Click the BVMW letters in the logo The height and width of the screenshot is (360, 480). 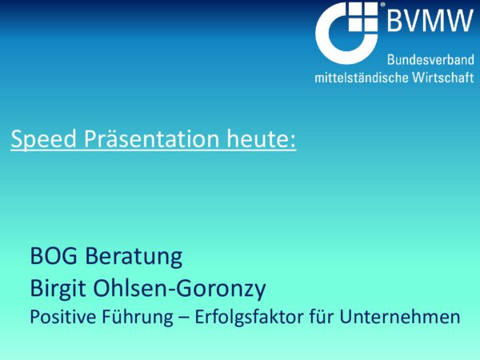coord(430,20)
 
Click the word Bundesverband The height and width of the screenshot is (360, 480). coord(430,59)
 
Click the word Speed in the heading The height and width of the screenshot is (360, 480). coord(43,139)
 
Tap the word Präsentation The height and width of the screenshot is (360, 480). coord(151,138)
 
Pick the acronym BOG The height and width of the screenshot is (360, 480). coord(54,256)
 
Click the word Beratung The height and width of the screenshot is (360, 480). coord(134,257)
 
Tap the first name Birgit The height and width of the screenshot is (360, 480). coord(58,289)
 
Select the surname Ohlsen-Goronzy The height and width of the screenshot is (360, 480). coord(179,289)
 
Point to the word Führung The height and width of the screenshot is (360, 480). coord(138,318)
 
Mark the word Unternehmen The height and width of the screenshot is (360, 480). coord(400,317)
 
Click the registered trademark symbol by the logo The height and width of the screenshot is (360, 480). coord(382,5)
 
